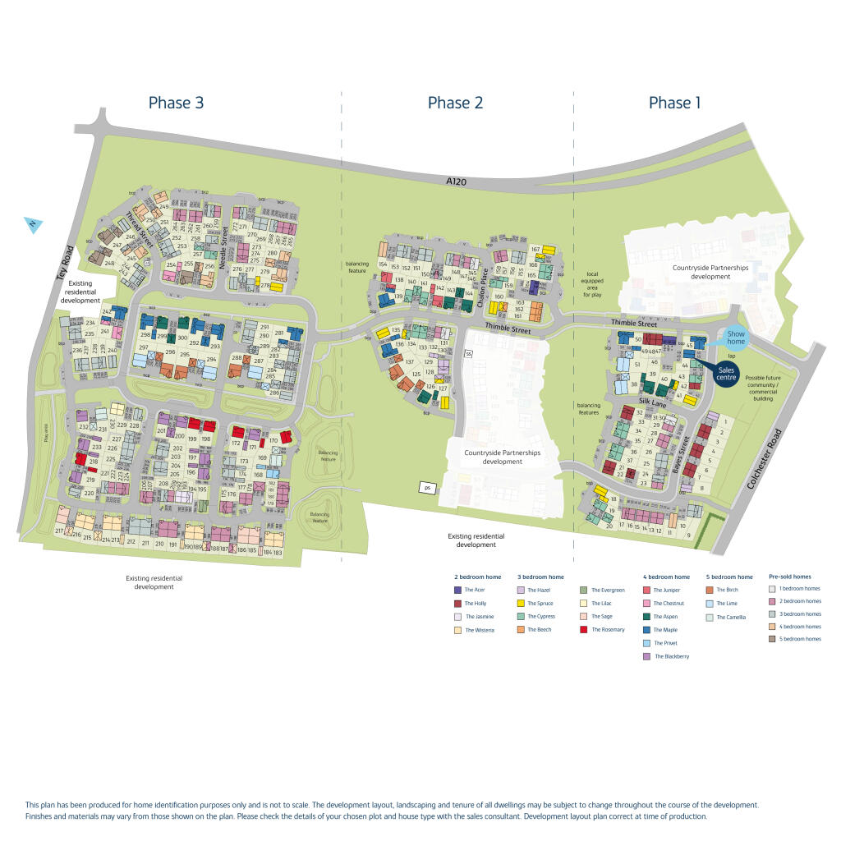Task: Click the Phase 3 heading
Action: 176,103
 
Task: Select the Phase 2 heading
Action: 455,103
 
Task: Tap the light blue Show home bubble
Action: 735,338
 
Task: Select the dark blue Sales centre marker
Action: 725,374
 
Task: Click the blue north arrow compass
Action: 33,224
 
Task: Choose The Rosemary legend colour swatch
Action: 583,630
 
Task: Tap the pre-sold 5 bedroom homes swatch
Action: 772,639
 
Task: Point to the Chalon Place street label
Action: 483,291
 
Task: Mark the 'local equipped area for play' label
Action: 593,283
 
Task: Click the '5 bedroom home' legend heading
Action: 730,577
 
